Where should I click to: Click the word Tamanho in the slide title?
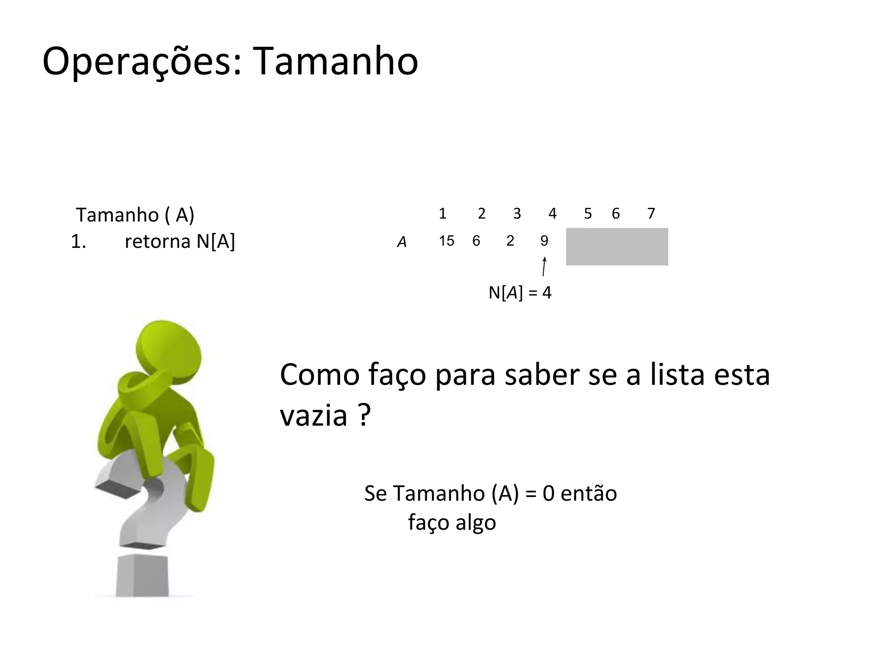pos(336,62)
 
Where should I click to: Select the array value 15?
pos(447,241)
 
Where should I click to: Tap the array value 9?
pos(544,241)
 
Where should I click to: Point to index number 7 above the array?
pos(651,213)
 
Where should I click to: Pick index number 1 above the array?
pos(443,213)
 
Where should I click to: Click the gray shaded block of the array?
pos(617,247)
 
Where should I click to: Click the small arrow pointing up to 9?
pos(544,267)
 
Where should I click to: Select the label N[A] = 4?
pos(520,293)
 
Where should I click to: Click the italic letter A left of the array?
pos(402,242)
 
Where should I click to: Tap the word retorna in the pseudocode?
pos(157,241)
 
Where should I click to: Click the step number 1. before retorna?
pos(78,242)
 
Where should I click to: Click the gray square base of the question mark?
pos(142,576)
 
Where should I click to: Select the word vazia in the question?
pos(313,415)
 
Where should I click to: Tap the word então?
pos(589,493)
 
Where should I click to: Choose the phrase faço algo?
pos(452,522)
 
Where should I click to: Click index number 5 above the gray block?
pos(588,213)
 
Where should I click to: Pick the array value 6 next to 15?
pos(476,241)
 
